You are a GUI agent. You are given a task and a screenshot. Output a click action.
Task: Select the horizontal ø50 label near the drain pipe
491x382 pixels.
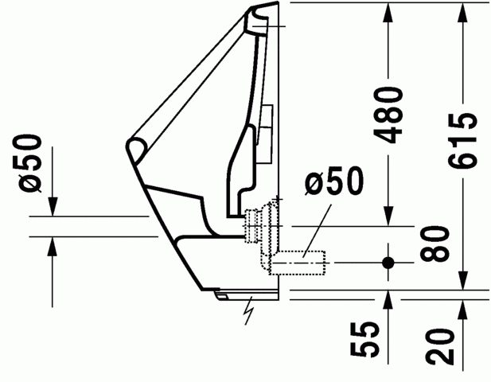[x=334, y=183]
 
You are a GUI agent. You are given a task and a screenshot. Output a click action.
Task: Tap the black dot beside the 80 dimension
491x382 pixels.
[x=388, y=261]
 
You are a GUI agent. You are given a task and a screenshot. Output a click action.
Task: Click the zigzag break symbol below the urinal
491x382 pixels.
[x=251, y=310]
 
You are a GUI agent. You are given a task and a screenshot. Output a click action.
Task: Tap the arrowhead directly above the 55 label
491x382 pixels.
[x=388, y=299]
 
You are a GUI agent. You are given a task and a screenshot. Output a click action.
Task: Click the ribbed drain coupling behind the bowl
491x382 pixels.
[x=256, y=223]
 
